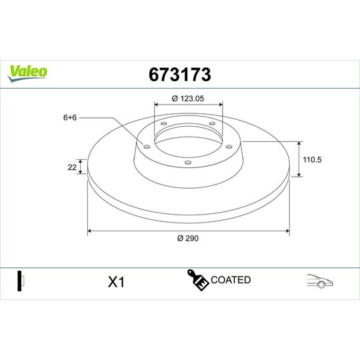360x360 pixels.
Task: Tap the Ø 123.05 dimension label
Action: tap(188, 98)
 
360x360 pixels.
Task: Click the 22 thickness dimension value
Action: tap(71, 167)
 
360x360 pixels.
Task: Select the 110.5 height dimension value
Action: tap(314, 159)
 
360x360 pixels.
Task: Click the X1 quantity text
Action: tap(116, 282)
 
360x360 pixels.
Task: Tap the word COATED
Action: tap(231, 280)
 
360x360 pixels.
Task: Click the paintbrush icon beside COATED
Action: tap(197, 281)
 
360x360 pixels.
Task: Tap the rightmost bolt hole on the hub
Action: tap(229, 147)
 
